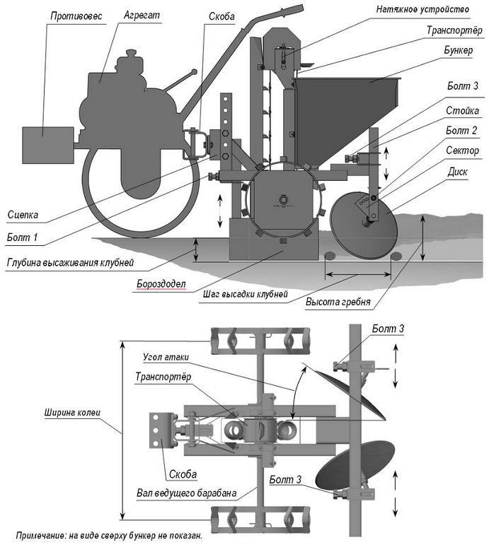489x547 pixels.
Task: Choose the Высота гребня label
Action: (338, 302)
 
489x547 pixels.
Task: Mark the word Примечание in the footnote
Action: (42, 536)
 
